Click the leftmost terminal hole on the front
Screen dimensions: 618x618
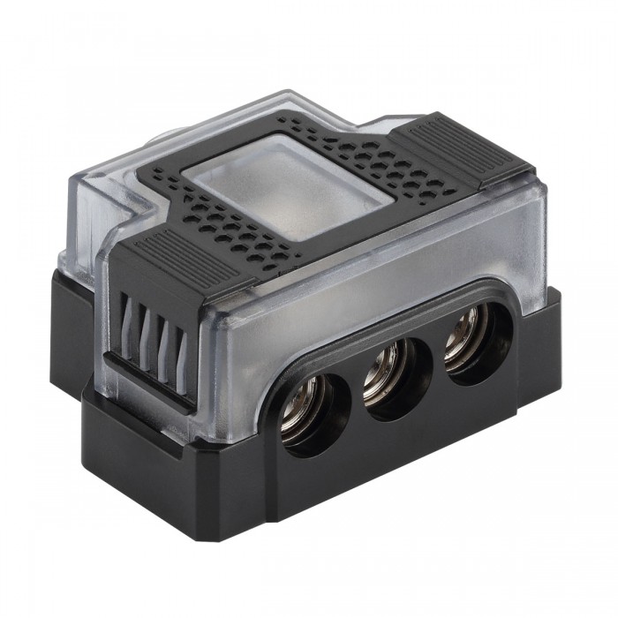coord(316,413)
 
